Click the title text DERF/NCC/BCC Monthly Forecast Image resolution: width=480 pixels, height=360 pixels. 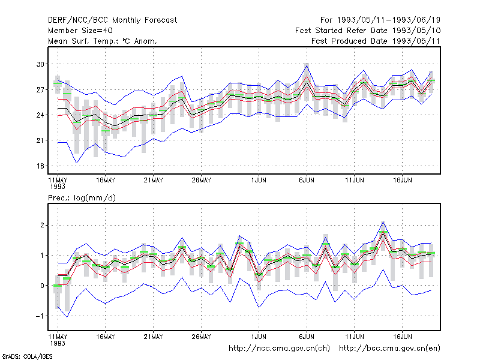[112, 20]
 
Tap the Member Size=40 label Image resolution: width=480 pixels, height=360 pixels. [80, 31]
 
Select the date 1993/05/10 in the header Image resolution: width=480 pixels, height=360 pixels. [416, 31]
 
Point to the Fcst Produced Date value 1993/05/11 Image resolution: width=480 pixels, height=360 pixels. [416, 41]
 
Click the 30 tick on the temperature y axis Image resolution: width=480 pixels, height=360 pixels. [40, 64]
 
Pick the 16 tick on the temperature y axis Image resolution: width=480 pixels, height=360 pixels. [40, 166]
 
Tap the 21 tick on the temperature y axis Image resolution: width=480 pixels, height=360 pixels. [40, 140]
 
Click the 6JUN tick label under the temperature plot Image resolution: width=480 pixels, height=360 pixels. [307, 181]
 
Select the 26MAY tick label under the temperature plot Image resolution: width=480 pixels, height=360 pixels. [201, 181]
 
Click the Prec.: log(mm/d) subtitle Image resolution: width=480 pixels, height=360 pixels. [82, 198]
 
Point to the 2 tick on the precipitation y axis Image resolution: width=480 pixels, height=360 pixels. [42, 226]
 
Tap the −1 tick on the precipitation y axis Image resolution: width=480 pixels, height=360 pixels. [40, 316]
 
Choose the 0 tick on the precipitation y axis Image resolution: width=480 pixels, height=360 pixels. [42, 286]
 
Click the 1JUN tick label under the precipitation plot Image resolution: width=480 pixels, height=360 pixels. [259, 337]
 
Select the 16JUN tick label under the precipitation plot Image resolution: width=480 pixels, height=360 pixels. [402, 337]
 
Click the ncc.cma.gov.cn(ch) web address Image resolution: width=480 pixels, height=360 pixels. [279, 349]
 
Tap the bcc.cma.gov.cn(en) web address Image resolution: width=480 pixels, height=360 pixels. [389, 349]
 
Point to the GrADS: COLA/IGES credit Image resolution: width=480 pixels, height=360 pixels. [27, 356]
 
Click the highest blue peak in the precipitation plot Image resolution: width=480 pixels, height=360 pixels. [383, 221]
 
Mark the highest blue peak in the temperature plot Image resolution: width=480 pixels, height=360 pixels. [307, 65]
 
